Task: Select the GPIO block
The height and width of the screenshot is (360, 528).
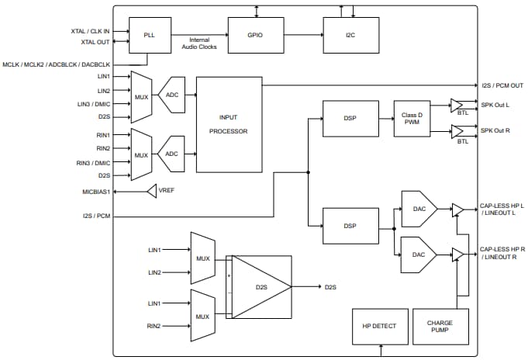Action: [x=255, y=35]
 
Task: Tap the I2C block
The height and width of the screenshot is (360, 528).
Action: [x=351, y=35]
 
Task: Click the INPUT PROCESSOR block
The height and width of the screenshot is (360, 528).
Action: [x=229, y=124]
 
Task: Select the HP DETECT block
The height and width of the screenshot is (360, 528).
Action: [x=378, y=327]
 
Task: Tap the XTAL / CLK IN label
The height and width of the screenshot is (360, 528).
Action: [x=90, y=32]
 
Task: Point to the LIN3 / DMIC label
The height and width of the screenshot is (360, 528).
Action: [x=92, y=104]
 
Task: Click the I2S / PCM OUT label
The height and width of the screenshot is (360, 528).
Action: [x=500, y=85]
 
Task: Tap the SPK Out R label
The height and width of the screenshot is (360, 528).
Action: [x=495, y=130]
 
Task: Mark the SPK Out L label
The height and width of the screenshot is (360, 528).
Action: [x=495, y=106]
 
